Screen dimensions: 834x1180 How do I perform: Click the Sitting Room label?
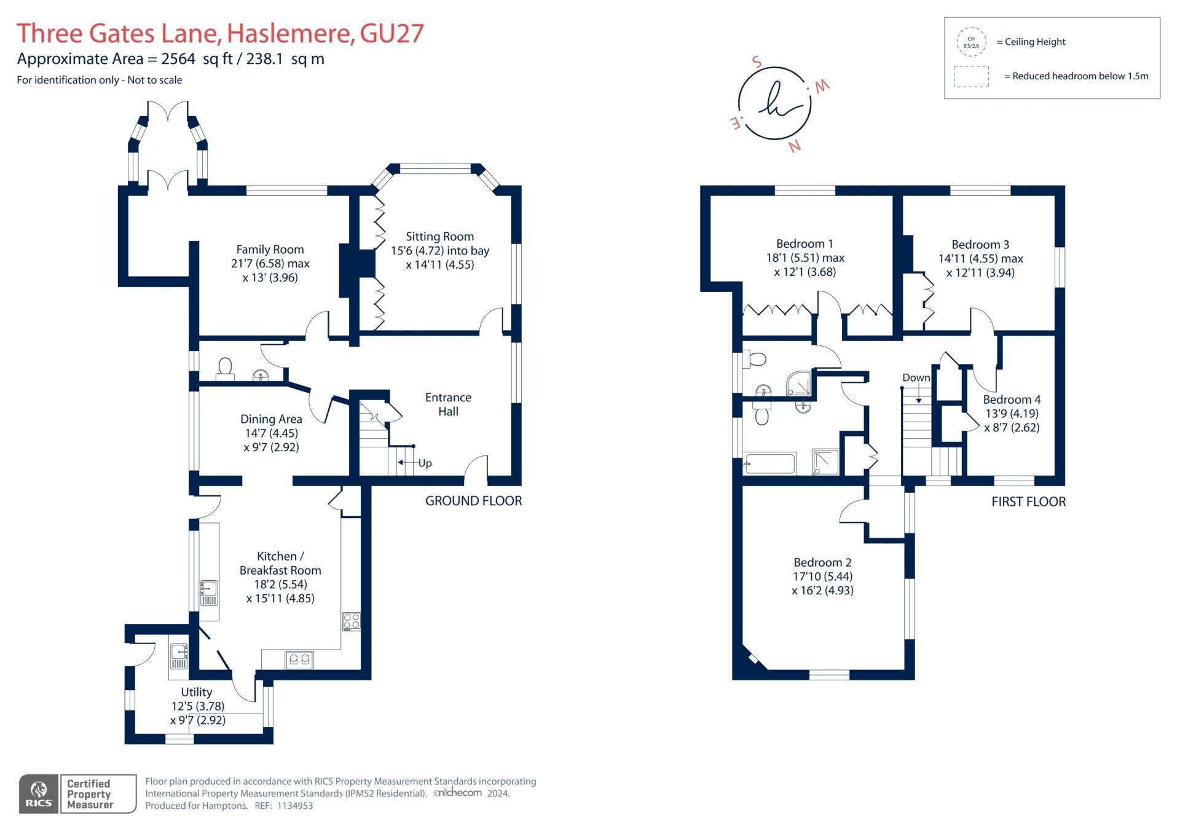[439, 237]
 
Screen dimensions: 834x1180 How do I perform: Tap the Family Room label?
[270, 250]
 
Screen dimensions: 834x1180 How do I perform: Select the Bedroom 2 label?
[822, 562]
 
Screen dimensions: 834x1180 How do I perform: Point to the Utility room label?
[197, 692]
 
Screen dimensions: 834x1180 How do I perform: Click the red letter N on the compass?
[794, 146]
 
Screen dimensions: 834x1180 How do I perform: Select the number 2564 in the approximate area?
[178, 59]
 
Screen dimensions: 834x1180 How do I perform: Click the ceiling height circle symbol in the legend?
[971, 42]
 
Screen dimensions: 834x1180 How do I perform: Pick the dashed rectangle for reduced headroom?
[971, 76]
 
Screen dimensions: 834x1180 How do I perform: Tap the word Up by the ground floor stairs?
[425, 463]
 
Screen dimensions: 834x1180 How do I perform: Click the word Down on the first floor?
[916, 378]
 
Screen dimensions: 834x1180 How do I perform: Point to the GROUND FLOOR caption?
[473, 501]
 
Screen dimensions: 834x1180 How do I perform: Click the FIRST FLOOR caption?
[1028, 502]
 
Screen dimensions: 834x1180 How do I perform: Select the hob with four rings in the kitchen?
[352, 621]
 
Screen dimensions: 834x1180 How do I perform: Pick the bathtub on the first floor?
[769, 463]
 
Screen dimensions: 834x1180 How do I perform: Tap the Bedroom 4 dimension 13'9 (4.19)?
[1012, 414]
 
